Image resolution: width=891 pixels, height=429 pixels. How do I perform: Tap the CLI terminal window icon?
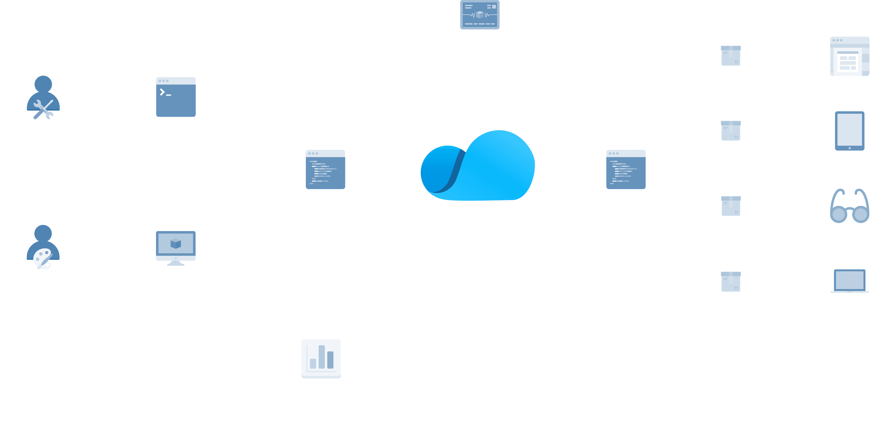point(176,97)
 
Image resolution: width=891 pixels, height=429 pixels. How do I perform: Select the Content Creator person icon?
point(43,247)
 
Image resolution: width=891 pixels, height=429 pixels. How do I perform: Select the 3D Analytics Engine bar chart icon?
point(321,358)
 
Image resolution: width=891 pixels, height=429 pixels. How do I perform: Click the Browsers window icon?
point(849,56)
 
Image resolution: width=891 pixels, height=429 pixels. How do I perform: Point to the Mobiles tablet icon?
point(849,131)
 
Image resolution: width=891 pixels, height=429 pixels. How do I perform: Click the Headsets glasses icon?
point(849,206)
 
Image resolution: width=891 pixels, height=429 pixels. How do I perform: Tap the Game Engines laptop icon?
point(849,281)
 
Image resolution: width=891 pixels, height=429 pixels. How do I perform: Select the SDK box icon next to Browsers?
point(731,55)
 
